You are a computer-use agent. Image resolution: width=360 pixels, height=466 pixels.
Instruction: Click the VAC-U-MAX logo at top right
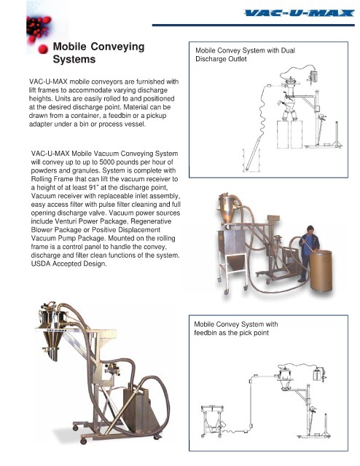point(299,13)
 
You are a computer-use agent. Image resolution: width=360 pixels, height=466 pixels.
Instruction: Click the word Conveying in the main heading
point(117,47)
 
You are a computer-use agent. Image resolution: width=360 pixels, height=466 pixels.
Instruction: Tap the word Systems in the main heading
point(74,59)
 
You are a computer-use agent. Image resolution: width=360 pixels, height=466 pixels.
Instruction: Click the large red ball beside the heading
point(43,49)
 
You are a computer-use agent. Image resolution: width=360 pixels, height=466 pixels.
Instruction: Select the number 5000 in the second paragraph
point(107,162)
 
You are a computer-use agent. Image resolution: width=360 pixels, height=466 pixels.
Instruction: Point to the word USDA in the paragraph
point(41,264)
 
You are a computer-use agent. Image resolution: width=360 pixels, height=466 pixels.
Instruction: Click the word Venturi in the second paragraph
point(66,221)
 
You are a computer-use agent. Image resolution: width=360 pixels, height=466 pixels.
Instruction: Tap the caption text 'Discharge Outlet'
point(221,59)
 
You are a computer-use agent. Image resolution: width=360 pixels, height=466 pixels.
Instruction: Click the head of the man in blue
point(310,229)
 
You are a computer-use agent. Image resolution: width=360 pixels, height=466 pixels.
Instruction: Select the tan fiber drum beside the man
point(321,270)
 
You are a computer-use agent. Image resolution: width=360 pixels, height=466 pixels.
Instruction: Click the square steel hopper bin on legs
point(233,250)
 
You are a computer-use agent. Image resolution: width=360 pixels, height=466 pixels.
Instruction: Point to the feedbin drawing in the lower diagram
point(213,422)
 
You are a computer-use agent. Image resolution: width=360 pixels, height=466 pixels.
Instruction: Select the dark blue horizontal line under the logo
point(253,25)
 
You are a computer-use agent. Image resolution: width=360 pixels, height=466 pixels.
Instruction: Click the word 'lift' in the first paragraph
point(33,90)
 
